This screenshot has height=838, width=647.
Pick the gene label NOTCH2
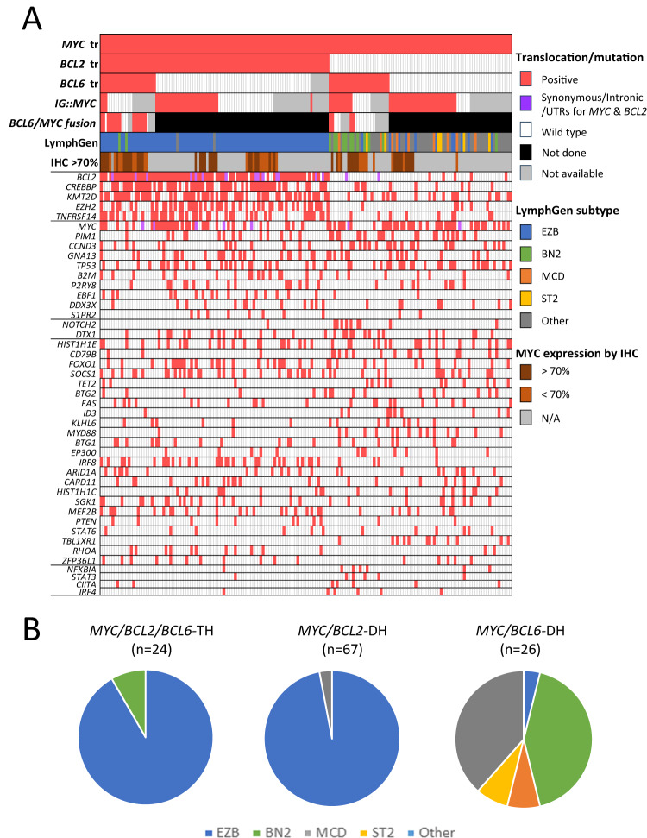pos(79,323)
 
